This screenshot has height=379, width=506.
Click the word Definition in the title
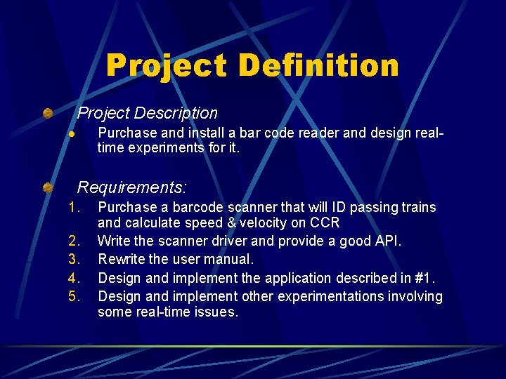point(318,66)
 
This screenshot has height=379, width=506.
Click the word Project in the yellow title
point(167,66)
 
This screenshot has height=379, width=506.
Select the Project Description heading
point(148,113)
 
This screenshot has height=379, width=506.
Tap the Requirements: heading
point(132,187)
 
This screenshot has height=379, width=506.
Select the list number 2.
point(74,241)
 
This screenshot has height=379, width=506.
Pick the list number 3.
point(74,259)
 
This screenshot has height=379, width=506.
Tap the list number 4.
point(74,277)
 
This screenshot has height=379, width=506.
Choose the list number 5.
point(74,295)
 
